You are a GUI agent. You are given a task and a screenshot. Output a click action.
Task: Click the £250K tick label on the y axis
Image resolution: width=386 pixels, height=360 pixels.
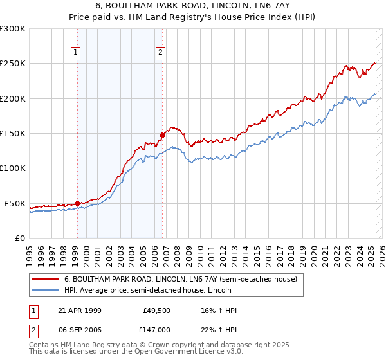[13, 64]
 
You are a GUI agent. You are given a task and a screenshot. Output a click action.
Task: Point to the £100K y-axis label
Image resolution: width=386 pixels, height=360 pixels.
[13, 168]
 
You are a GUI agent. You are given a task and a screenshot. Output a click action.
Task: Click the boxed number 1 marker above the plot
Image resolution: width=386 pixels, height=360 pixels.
[77, 53]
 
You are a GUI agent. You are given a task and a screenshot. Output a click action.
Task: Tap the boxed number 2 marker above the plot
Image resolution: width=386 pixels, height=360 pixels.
[160, 53]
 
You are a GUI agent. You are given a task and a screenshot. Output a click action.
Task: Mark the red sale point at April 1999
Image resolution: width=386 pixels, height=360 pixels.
[77, 204]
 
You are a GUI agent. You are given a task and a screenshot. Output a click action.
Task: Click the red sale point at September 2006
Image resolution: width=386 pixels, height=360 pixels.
[162, 136]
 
